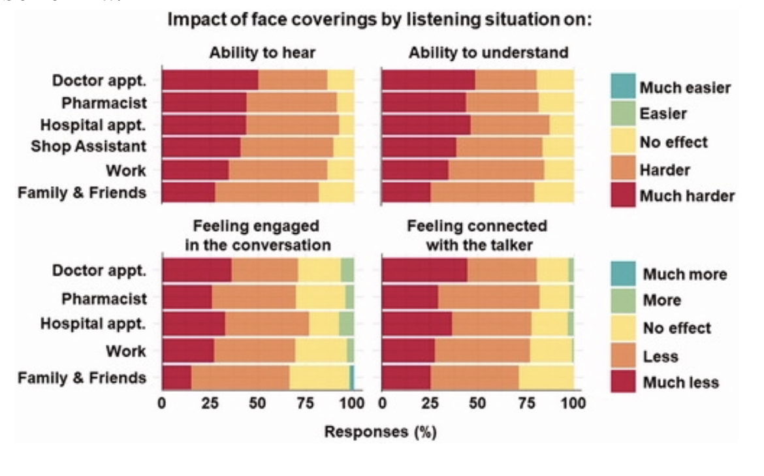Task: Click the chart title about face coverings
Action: [379, 20]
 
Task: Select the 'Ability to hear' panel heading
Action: [262, 53]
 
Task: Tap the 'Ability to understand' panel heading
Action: [488, 53]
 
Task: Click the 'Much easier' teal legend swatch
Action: [623, 86]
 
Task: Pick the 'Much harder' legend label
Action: [687, 196]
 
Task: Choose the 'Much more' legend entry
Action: [669, 274]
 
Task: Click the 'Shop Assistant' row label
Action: [88, 146]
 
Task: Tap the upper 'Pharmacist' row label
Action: [104, 103]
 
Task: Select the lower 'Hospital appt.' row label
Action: [93, 323]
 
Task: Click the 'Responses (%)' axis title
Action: [380, 432]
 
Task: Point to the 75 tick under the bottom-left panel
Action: [306, 404]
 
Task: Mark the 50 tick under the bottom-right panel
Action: [477, 404]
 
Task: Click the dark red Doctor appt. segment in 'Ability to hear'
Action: [210, 80]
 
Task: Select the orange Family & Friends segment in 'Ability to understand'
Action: [483, 193]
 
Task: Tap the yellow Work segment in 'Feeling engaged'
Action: [321, 351]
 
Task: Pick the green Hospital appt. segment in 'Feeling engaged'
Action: [347, 324]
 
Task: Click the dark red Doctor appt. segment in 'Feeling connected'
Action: [425, 270]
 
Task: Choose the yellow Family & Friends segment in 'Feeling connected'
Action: [546, 377]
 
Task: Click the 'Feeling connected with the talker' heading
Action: [477, 235]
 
